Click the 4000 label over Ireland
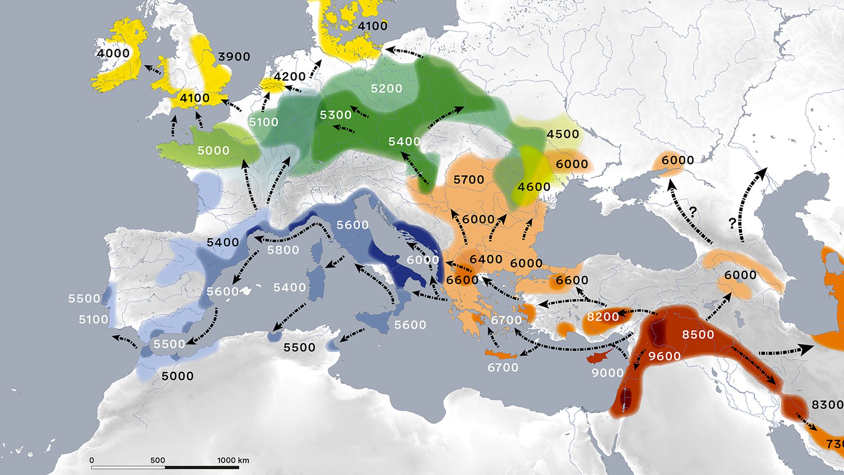click(x=113, y=53)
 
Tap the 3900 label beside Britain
click(x=234, y=57)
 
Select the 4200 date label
click(x=289, y=77)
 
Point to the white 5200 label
click(x=386, y=88)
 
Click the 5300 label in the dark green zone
click(x=335, y=115)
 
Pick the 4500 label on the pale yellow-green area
click(x=563, y=134)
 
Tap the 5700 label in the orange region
click(x=469, y=179)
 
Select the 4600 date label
click(x=534, y=187)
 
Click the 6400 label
click(x=486, y=259)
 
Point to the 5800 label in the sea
click(x=283, y=250)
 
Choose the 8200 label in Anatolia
click(x=603, y=317)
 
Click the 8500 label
click(x=698, y=335)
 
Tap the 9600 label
click(x=664, y=356)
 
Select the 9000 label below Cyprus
click(x=608, y=373)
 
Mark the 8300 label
click(x=827, y=405)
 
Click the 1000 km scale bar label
click(x=233, y=460)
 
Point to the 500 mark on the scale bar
click(x=157, y=460)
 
